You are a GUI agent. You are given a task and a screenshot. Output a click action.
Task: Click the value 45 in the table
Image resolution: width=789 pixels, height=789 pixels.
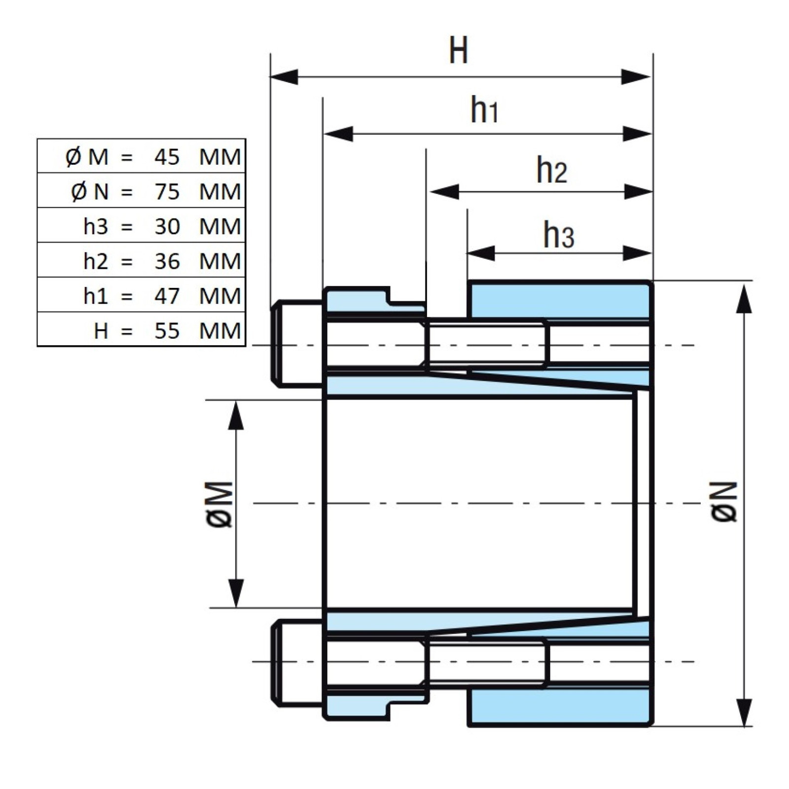point(167,157)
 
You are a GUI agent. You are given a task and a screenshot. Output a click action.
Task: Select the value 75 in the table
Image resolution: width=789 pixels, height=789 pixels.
point(167,192)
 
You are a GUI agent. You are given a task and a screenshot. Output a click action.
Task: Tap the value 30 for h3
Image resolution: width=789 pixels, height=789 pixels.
point(167,227)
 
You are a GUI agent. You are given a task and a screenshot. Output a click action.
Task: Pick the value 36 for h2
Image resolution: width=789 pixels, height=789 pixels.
point(167,261)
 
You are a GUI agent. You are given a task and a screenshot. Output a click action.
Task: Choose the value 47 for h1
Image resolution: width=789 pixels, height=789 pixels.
point(167,296)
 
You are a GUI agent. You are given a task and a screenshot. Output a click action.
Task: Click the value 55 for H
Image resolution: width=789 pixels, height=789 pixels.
point(167,331)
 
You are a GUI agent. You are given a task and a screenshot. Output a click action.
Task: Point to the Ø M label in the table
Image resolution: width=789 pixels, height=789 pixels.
point(87,157)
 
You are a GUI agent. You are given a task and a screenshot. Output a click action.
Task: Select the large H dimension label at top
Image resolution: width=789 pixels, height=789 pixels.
point(458,50)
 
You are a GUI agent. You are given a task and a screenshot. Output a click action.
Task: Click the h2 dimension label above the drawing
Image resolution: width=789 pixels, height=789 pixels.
point(551,170)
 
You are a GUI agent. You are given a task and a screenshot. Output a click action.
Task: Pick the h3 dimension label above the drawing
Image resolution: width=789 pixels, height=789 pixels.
point(558,235)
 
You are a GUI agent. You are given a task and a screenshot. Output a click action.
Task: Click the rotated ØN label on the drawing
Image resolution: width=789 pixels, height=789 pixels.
point(725,502)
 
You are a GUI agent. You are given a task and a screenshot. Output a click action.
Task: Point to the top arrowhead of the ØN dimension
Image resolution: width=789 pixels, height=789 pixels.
point(744,298)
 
